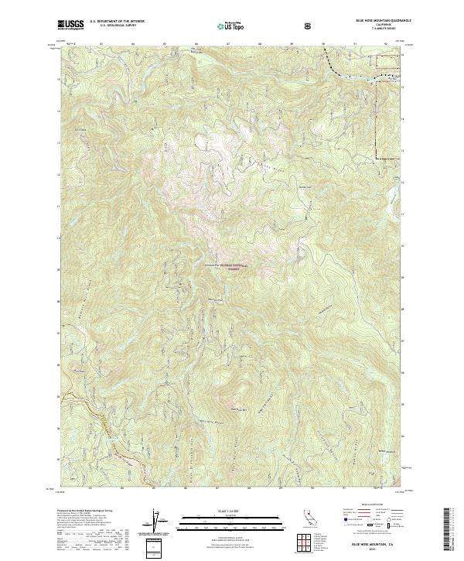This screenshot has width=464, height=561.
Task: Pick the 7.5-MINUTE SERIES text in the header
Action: tap(374, 30)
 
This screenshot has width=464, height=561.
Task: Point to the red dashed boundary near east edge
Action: tap(377, 116)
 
